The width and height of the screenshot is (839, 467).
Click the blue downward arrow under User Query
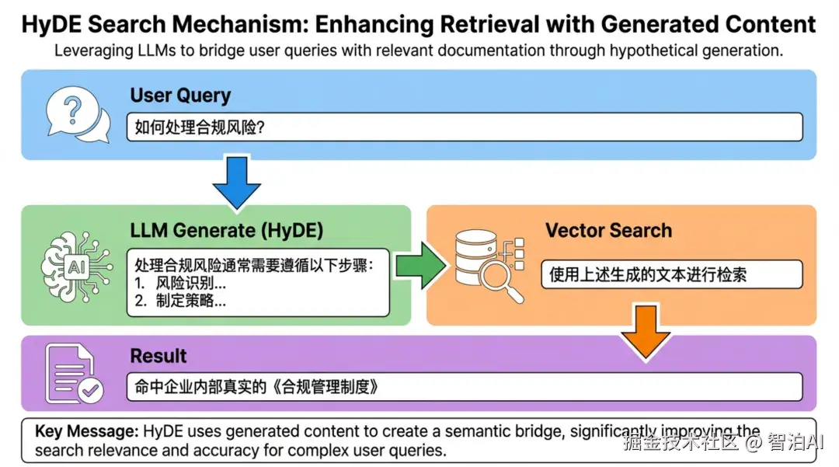click(236, 182)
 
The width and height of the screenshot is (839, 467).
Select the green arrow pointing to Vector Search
click(421, 266)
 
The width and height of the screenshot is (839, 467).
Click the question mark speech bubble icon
click(78, 114)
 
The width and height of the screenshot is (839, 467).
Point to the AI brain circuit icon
click(77, 265)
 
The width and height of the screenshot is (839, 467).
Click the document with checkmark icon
click(74, 373)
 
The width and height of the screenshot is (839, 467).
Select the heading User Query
click(180, 96)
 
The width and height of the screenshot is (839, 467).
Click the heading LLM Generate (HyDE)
click(227, 230)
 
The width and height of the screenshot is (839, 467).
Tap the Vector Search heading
click(608, 230)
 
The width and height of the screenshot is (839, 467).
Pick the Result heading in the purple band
click(158, 356)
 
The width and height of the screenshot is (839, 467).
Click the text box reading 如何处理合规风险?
click(465, 127)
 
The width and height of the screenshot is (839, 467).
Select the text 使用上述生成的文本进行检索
click(647, 274)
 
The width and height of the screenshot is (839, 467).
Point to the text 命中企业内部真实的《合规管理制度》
click(257, 386)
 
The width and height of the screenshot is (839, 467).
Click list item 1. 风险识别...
click(180, 282)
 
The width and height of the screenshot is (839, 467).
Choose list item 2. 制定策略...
click(180, 301)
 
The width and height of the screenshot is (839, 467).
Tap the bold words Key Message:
click(87, 431)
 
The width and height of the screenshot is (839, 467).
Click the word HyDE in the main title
click(52, 25)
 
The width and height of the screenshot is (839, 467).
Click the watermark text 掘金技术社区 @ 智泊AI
click(723, 442)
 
